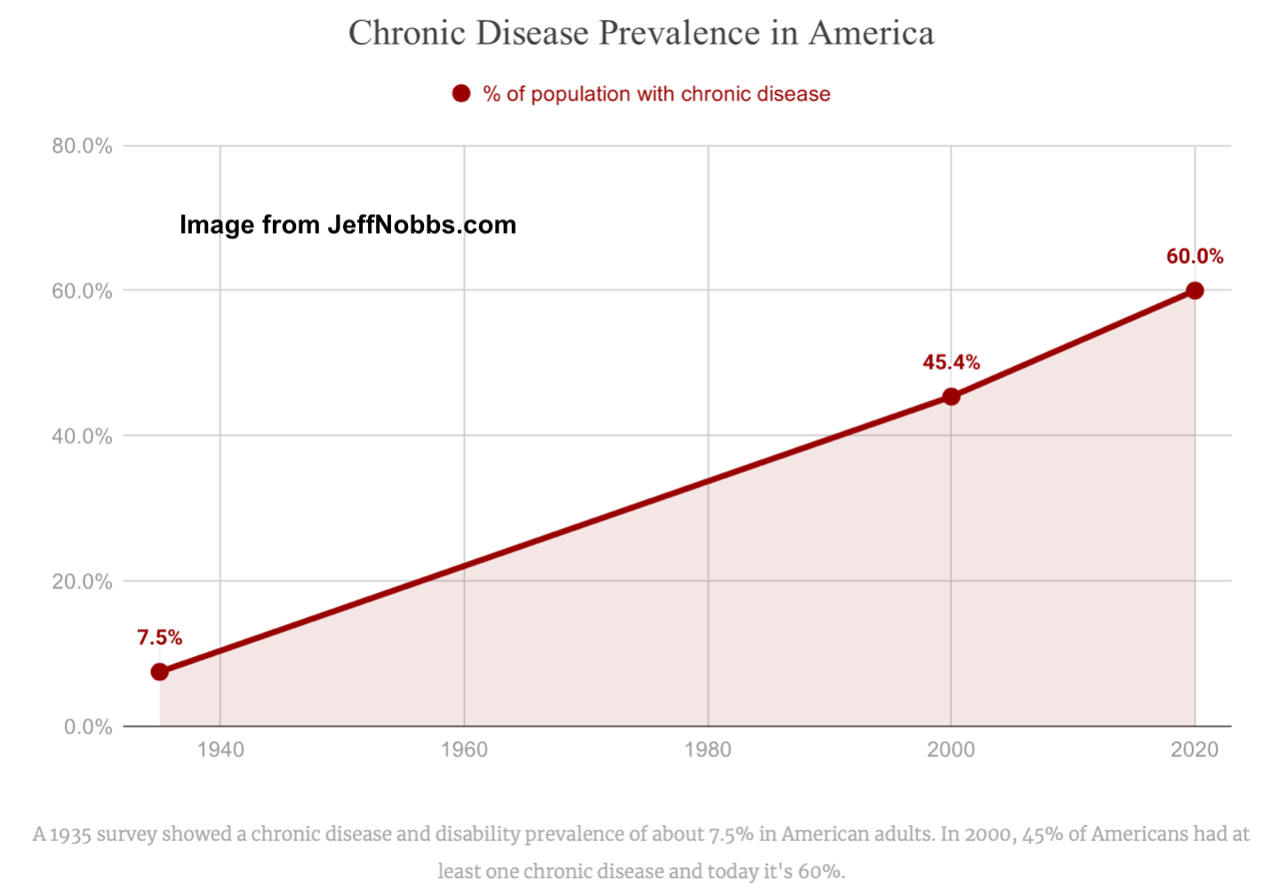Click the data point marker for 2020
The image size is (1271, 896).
(x=1195, y=291)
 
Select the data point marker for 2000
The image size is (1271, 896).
(x=951, y=396)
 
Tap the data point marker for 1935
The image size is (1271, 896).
(x=160, y=672)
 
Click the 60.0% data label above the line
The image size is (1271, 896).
(x=1195, y=257)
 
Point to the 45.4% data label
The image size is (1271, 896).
(x=951, y=363)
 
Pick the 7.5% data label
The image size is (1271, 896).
(x=160, y=637)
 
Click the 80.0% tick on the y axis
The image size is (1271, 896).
(x=82, y=146)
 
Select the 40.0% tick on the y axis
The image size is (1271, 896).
(x=82, y=436)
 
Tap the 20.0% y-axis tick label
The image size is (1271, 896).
(x=82, y=581)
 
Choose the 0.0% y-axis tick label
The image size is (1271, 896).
(x=88, y=727)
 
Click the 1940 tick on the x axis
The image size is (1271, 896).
(x=220, y=749)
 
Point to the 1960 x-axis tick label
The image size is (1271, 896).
(x=464, y=749)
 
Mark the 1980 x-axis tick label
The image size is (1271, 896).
(x=707, y=749)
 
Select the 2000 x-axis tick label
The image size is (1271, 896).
(x=951, y=749)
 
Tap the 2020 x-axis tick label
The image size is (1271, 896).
(x=1195, y=749)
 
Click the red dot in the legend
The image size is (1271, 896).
(x=461, y=93)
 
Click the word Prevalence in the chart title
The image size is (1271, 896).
(x=680, y=34)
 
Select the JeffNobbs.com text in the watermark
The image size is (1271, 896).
(x=421, y=225)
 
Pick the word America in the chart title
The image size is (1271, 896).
(x=871, y=34)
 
